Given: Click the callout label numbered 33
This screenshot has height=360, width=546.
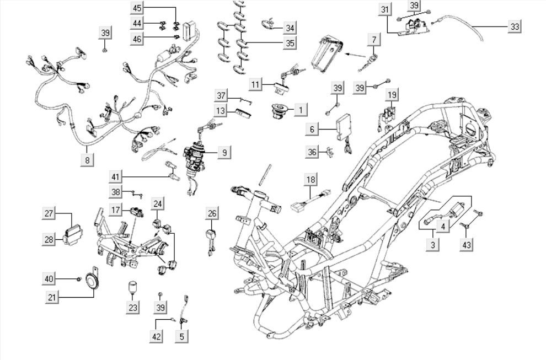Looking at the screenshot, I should coord(515,26).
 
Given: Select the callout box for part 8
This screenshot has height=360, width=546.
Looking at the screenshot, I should coord(87,159).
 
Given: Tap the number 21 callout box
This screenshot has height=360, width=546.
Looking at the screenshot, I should coord(52,297).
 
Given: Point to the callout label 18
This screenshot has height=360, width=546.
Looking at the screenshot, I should coord(311,179).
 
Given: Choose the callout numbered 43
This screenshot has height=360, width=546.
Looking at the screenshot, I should coord(467,244).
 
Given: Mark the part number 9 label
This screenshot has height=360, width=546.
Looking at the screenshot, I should coord(224,152).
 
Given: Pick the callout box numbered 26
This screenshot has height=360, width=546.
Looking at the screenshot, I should coord(212,213).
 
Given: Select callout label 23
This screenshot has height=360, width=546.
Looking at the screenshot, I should coord(132,308).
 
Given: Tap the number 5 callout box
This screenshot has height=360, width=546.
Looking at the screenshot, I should coord(182,335).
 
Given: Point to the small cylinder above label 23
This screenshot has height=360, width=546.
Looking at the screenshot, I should coord(132,287).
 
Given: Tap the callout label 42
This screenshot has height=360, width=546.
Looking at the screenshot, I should coord(157,335).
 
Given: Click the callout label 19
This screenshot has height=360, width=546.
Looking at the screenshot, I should coord(391,95).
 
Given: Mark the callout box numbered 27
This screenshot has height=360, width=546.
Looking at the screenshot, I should coord(49,213).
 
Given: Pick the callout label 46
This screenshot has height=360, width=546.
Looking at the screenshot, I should coord(137,38).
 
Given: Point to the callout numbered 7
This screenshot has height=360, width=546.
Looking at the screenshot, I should coord(374,40).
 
